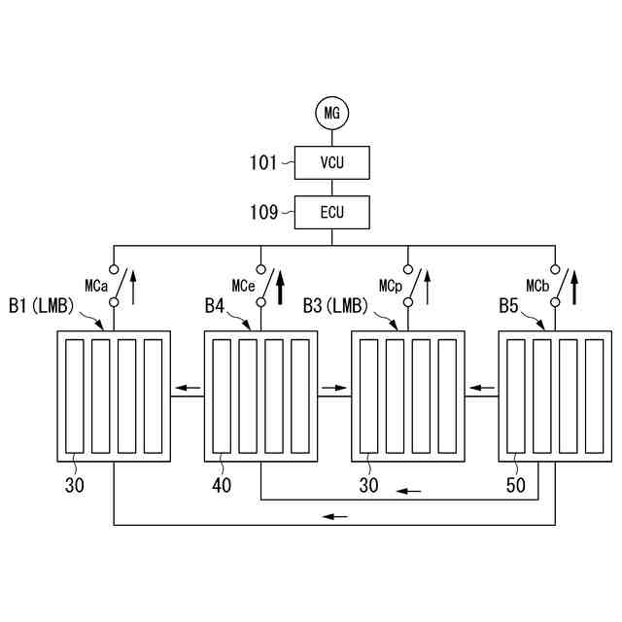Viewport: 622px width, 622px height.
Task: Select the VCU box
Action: pos(332,163)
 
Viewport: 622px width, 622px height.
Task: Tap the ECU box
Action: pos(332,212)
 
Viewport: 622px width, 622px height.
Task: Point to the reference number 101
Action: pos(264,162)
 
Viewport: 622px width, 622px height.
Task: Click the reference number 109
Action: pos(264,211)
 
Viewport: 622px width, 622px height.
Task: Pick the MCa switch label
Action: pos(95,286)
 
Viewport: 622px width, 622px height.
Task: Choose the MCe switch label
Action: pos(243,286)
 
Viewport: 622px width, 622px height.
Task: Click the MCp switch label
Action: pos(391,286)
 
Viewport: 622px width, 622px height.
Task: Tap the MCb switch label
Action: pos(538,286)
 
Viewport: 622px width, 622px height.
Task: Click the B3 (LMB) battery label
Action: pos(336,306)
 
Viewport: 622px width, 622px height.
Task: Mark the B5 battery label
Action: pos(509,306)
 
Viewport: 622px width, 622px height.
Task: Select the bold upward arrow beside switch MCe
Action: pos(281,287)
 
